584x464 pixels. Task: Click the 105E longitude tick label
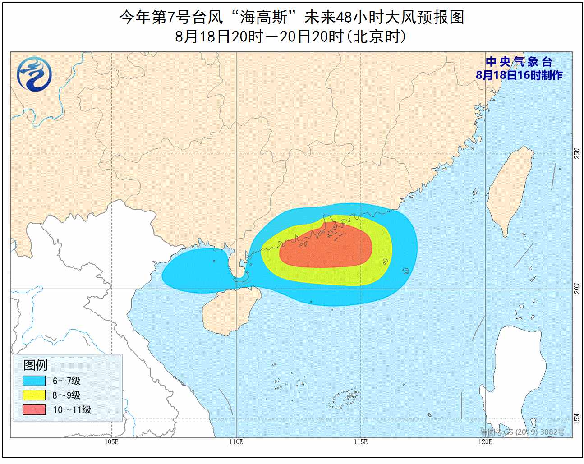pyautogui.click(x=111, y=442)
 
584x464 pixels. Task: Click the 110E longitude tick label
pyautogui.click(x=236, y=442)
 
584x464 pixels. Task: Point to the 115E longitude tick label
pyautogui.click(x=360, y=442)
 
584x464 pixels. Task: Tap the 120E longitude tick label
pyautogui.click(x=485, y=442)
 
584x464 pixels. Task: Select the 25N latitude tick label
pyautogui.click(x=577, y=154)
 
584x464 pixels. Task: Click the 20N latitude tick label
pyautogui.click(x=577, y=288)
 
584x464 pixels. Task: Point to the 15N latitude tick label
pyautogui.click(x=577, y=419)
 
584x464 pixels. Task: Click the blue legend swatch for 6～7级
pyautogui.click(x=34, y=381)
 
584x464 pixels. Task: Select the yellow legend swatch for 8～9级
pyautogui.click(x=34, y=395)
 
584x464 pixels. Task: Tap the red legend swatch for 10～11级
pyautogui.click(x=34, y=409)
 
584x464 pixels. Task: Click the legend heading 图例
pyautogui.click(x=35, y=365)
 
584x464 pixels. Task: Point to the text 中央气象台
pyautogui.click(x=519, y=62)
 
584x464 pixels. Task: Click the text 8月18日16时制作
pyautogui.click(x=519, y=75)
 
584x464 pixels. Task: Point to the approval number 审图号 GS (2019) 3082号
pyautogui.click(x=522, y=432)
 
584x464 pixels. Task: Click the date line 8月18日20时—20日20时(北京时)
pyautogui.click(x=291, y=36)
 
